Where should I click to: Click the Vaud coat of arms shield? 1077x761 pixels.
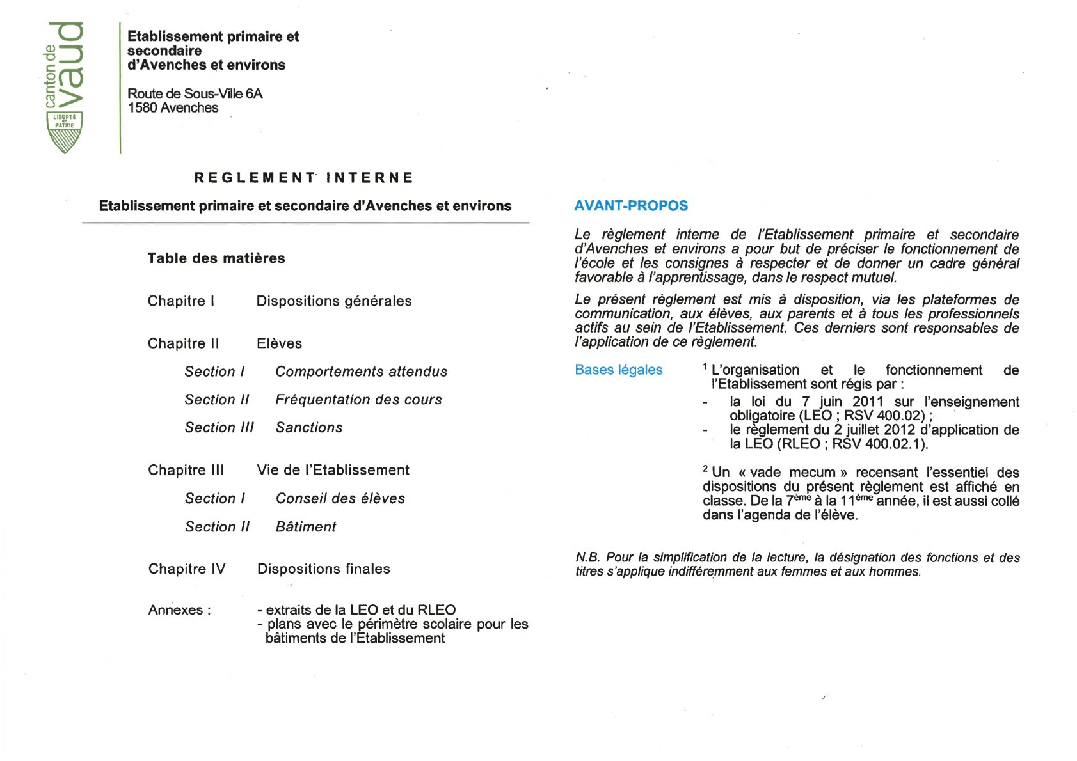[65, 132]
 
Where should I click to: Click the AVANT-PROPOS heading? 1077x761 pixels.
[630, 206]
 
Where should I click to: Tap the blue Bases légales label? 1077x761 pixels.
[618, 370]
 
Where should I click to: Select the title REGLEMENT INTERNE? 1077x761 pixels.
[303, 178]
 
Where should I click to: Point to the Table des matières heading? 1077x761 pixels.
[216, 258]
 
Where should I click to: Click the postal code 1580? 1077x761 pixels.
[142, 108]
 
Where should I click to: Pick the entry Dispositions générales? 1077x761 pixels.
[333, 301]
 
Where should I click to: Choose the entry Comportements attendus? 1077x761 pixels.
[361, 372]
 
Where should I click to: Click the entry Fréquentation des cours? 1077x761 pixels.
[358, 400]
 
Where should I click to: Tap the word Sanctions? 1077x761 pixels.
[309, 428]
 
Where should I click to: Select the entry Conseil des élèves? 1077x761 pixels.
[340, 499]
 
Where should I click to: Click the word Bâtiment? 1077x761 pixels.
[305, 527]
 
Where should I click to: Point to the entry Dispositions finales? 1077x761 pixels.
[323, 569]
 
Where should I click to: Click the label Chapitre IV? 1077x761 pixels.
[187, 569]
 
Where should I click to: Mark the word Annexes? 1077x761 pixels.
[176, 610]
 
